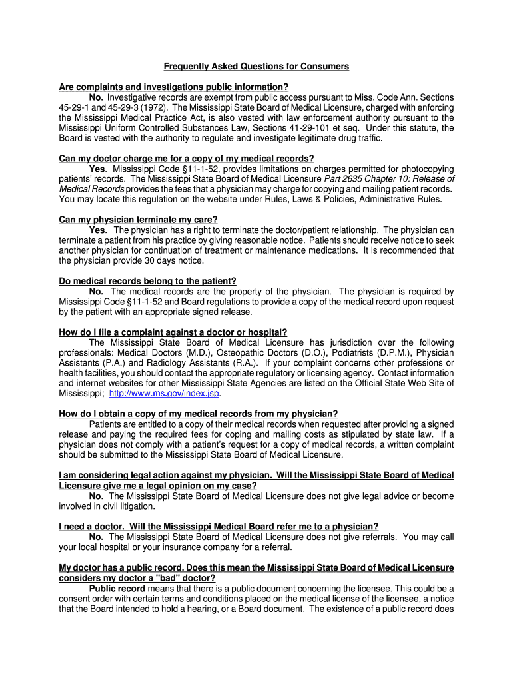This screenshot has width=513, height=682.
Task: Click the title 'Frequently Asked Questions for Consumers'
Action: [x=256, y=67]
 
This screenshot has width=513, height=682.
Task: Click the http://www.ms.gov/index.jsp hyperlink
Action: [x=164, y=393]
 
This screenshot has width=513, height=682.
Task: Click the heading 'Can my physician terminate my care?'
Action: [x=138, y=220]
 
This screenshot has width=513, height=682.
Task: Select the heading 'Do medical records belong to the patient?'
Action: [x=147, y=281]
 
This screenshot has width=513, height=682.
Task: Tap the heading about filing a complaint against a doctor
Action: [x=173, y=332]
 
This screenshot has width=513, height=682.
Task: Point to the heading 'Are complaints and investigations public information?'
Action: [x=173, y=87]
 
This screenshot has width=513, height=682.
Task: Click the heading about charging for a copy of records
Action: [x=187, y=159]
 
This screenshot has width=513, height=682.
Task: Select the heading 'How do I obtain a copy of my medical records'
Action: [x=198, y=414]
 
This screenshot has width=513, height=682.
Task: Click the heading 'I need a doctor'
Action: [x=219, y=526]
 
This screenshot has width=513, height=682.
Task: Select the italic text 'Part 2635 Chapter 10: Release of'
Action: [x=389, y=179]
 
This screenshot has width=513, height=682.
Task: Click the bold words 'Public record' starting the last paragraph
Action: [x=116, y=589]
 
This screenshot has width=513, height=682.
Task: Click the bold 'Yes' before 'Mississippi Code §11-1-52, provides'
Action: [x=97, y=169]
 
